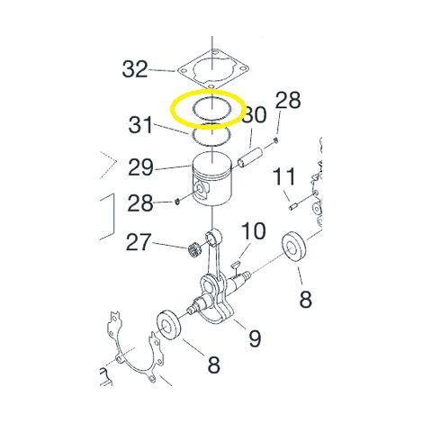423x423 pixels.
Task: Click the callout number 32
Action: click(135, 69)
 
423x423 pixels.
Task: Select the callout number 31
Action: click(141, 125)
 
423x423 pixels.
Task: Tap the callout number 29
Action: click(140, 167)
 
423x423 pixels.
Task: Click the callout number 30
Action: click(255, 115)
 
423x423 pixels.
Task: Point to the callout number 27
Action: click(138, 242)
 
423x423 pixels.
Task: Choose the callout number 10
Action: click(254, 231)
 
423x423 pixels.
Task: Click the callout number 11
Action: click(283, 177)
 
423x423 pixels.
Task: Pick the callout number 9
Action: click(255, 338)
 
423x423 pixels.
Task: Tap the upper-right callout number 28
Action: click(288, 100)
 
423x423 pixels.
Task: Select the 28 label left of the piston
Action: click(140, 203)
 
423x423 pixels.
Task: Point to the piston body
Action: click(212, 179)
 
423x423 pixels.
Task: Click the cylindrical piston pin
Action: click(251, 157)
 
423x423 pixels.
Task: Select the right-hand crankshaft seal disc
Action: click(293, 247)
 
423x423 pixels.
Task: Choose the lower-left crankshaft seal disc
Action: click(169, 325)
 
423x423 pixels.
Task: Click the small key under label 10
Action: click(236, 264)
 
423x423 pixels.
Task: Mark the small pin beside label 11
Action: click(293, 207)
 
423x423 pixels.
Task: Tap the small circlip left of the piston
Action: click(177, 202)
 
